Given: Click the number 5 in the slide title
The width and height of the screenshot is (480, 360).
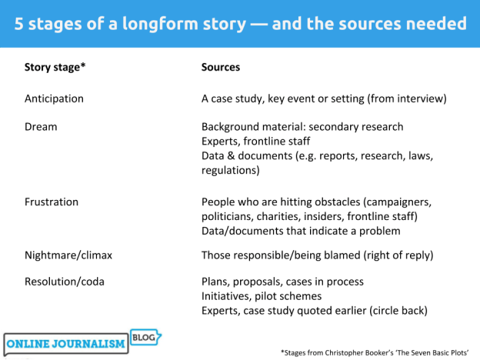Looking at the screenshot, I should [18, 24].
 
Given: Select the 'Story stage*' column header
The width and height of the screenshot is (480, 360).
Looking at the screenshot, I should [55, 68].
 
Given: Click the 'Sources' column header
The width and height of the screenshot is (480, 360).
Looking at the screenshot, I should [221, 68].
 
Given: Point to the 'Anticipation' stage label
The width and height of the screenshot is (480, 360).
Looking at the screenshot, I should [54, 99].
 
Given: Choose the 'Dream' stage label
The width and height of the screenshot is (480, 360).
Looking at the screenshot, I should [41, 126].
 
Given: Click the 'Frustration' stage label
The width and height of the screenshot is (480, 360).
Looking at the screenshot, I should [52, 202].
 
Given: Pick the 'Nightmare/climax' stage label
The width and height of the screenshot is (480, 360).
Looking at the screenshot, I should [68, 255].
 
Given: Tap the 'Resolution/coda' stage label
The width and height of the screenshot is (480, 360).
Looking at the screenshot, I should [65, 282].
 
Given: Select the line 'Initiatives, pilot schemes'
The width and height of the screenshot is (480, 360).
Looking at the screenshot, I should [262, 296].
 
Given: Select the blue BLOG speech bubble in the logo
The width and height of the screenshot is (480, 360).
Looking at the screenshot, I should [146, 337].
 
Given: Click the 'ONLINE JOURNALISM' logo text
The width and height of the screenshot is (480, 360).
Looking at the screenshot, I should [66, 344].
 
